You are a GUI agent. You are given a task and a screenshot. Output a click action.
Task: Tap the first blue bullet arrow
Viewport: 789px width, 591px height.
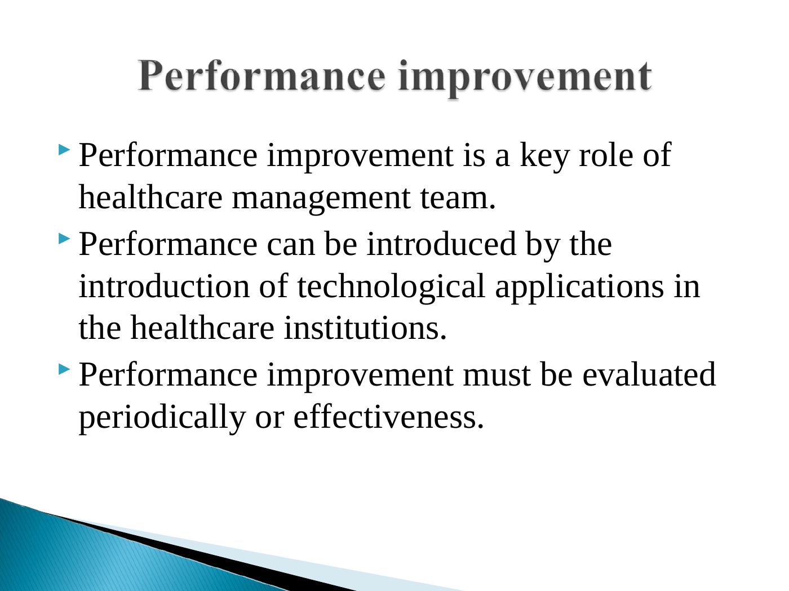pyautogui.click(x=64, y=150)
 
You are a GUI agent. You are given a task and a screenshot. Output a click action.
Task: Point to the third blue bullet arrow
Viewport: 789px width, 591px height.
pyautogui.click(x=64, y=369)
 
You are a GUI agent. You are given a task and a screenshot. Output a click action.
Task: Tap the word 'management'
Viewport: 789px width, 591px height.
pyautogui.click(x=321, y=200)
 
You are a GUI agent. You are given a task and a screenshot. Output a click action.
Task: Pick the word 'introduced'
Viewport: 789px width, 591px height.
pyautogui.click(x=441, y=244)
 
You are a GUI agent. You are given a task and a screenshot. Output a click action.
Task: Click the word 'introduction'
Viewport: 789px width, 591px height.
pyautogui.click(x=164, y=286)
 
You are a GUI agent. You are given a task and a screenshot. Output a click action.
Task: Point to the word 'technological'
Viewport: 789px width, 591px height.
pyautogui.click(x=391, y=289)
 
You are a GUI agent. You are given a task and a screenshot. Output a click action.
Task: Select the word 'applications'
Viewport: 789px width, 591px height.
pyautogui.click(x=579, y=289)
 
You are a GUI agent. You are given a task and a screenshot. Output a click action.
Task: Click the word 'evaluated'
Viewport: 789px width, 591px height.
pyautogui.click(x=649, y=375)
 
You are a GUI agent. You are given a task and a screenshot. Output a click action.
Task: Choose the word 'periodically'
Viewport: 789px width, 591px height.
pyautogui.click(x=162, y=419)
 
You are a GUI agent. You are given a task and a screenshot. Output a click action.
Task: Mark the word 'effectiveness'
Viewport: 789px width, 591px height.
pyautogui.click(x=388, y=417)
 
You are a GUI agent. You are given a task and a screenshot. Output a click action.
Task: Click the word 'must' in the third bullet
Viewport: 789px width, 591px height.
pyautogui.click(x=497, y=377)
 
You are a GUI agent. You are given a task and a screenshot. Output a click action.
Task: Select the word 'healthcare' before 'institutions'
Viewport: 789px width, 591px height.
pyautogui.click(x=202, y=328)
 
